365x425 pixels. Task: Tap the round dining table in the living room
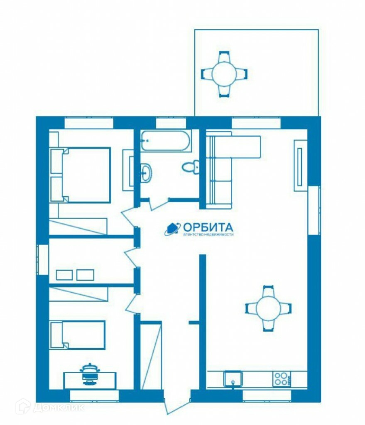(268, 308)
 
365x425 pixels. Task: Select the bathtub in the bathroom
(166, 141)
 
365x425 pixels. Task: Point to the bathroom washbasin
(146, 172)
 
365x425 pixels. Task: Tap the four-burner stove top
(282, 379)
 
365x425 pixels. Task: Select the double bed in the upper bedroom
(81, 175)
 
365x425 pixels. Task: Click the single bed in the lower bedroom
(78, 335)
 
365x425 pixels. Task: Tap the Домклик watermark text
(59, 407)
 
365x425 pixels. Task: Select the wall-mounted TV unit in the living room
(301, 166)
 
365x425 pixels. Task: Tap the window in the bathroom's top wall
(171, 123)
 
